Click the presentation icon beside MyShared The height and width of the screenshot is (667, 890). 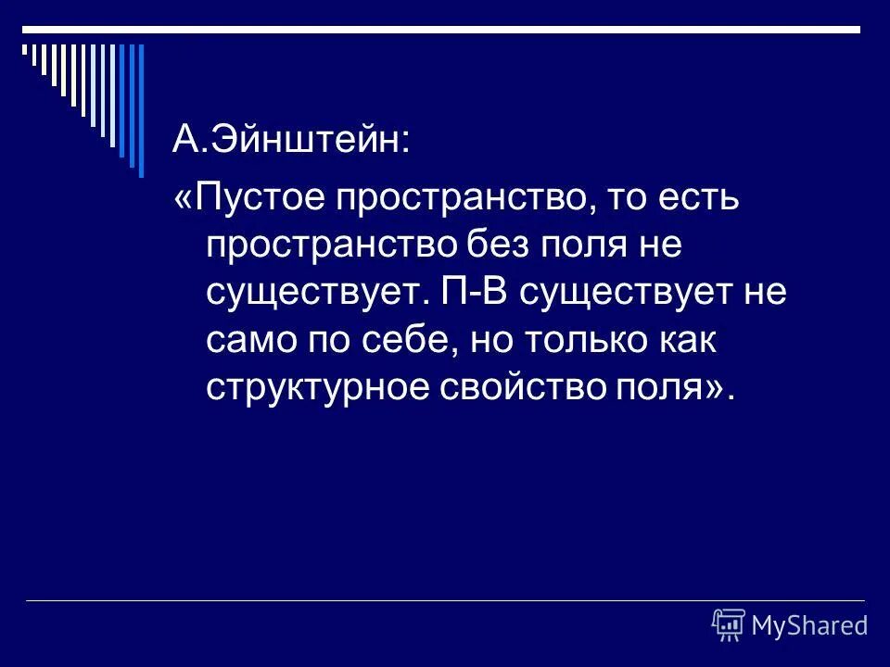pyautogui.click(x=730, y=625)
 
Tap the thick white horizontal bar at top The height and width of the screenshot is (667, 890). pyautogui.click(x=445, y=30)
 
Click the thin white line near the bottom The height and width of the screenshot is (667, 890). pyautogui.click(x=445, y=600)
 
